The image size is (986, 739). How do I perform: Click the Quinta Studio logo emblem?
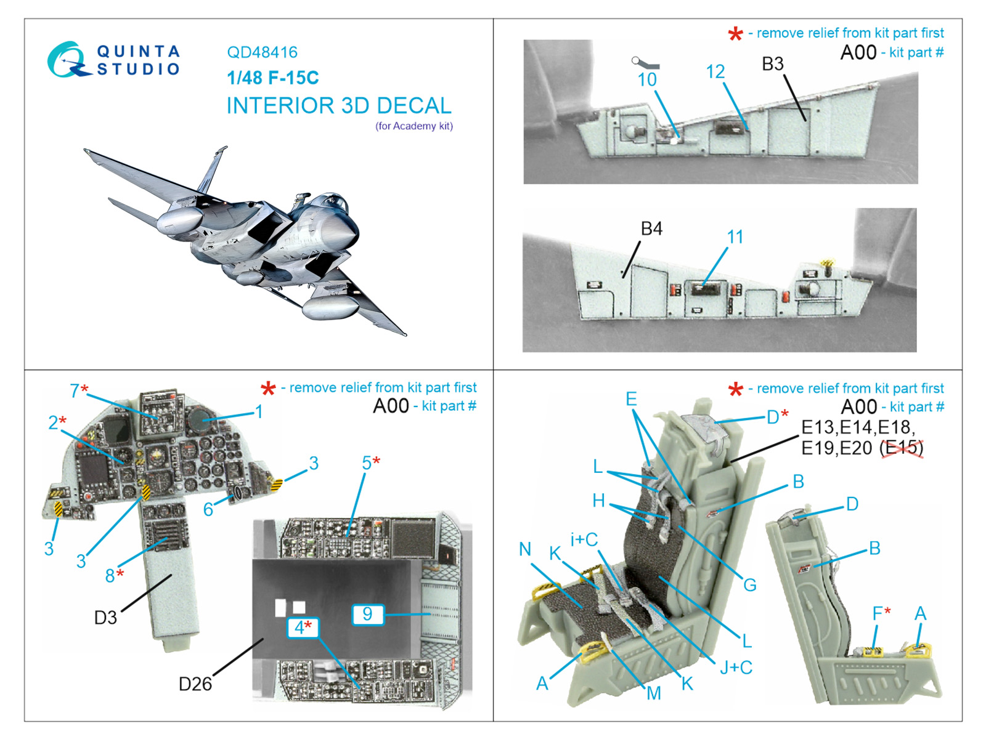[x=68, y=60]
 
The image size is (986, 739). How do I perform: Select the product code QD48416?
[x=262, y=52]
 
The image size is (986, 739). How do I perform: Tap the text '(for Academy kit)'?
[x=414, y=126]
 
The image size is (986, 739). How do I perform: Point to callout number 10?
[x=647, y=80]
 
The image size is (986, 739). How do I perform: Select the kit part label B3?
[x=773, y=63]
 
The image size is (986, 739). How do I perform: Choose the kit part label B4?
[x=651, y=229]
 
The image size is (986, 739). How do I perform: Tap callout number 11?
[x=735, y=237]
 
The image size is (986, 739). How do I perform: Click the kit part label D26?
[x=195, y=684]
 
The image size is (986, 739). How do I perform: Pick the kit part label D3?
[x=105, y=618]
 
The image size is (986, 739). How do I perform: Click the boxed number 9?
[x=368, y=614]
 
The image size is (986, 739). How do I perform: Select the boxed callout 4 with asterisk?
[x=303, y=628]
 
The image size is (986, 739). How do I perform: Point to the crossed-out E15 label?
[x=902, y=448]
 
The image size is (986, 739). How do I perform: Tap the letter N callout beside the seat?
[x=524, y=549]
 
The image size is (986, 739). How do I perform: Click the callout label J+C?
[x=736, y=667]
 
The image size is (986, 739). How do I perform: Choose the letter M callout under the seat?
[x=654, y=693]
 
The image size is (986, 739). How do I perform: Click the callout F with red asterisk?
[x=881, y=613]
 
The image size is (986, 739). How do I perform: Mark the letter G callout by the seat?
[x=750, y=584]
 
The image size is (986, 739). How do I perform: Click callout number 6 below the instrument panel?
[x=208, y=509]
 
